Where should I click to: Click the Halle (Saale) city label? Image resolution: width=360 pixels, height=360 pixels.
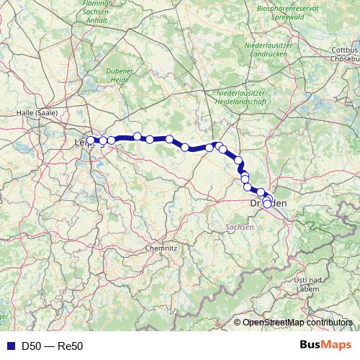[x=38, y=113]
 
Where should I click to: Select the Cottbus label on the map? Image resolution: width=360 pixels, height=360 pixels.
[x=343, y=50]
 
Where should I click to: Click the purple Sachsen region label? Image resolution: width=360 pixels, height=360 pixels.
[x=240, y=227]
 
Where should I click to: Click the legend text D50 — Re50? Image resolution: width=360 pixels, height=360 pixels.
[x=53, y=346]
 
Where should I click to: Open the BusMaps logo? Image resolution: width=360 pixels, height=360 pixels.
[x=325, y=346]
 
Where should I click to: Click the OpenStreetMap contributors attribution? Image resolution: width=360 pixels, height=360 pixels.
[x=300, y=322]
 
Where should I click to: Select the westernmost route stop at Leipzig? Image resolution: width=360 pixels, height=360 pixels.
[x=91, y=140]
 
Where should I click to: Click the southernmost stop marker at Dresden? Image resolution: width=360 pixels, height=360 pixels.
[x=267, y=204]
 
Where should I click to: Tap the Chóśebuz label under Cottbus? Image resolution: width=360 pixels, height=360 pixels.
[x=345, y=58]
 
